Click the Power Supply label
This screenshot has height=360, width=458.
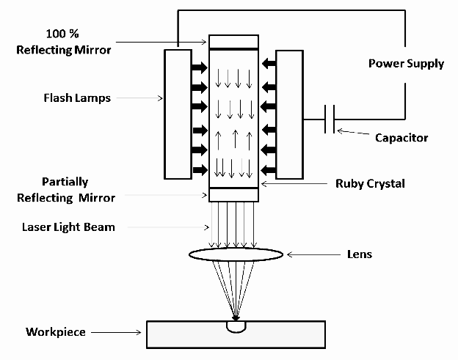pos(406,64)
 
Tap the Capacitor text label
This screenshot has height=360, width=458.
pos(401,138)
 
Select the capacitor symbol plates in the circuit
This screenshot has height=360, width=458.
pos(330,119)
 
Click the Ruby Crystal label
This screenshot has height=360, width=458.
pos(370,184)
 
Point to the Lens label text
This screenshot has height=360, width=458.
pos(360,254)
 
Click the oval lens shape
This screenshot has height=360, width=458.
pos(236,254)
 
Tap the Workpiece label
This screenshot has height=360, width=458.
pos(56,332)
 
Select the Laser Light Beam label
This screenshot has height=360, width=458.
pos(68,227)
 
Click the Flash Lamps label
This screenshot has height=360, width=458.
pos(77,98)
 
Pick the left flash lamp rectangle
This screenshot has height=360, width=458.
pos(178,114)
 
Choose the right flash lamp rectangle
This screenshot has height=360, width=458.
pos(289,114)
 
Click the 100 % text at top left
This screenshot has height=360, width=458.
pos(62,34)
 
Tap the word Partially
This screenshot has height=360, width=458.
pos(65,182)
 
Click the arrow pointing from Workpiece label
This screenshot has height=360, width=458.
pos(116,332)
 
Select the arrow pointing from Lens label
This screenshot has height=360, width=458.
pos(313,254)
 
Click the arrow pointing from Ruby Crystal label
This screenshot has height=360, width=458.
pos(294,184)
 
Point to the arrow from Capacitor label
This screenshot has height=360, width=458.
pos(353,132)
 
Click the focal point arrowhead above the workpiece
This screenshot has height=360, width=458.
pos(236,317)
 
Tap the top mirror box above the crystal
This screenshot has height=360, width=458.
pos(233,42)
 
